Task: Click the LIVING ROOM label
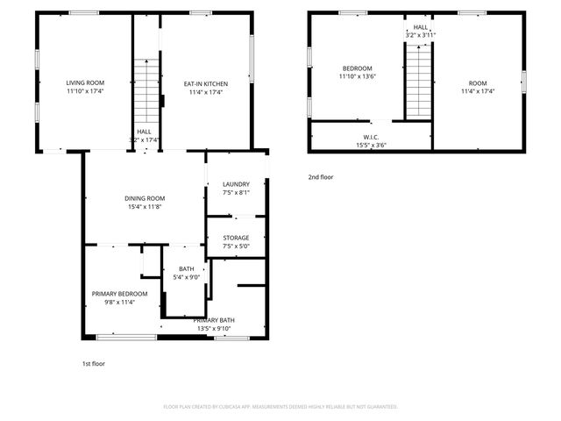[84, 85]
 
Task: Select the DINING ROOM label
[145, 198]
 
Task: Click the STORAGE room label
[236, 238]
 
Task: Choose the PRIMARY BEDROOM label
[120, 294]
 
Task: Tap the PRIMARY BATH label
[214, 320]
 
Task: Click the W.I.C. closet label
[371, 137]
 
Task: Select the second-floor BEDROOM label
[357, 69]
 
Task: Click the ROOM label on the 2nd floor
[478, 83]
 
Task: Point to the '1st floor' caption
[93, 363]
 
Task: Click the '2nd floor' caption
[320, 177]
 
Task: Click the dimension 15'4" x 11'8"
[145, 207]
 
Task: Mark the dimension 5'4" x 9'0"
[187, 277]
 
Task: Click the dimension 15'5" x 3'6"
[371, 145]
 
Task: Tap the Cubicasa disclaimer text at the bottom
[280, 407]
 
